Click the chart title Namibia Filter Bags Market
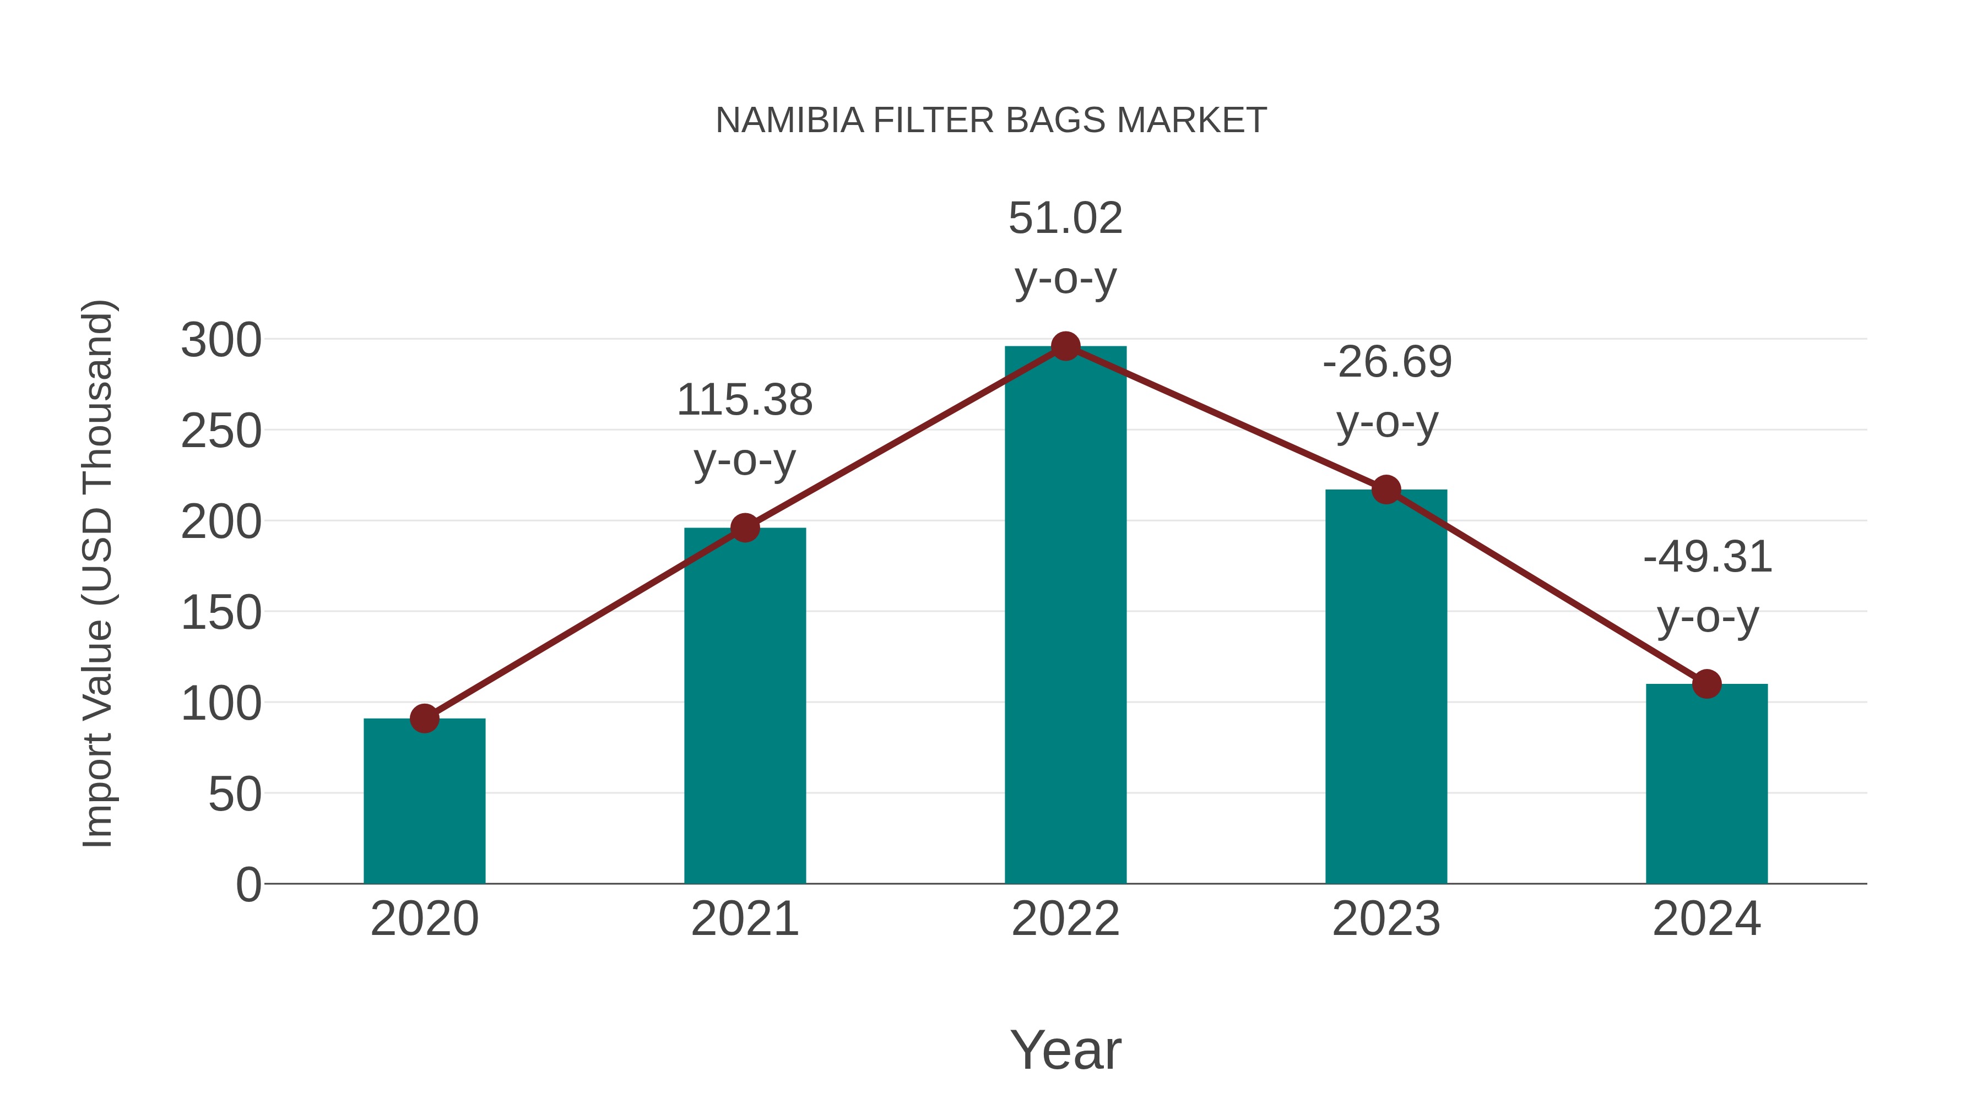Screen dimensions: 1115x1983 [991, 121]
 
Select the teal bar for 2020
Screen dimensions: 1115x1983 [424, 804]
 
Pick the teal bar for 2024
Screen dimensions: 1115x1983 [1706, 785]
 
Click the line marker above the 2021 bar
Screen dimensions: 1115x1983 [744, 528]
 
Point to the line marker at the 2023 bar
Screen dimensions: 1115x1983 [1386, 489]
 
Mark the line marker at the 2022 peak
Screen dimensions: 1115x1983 [1065, 346]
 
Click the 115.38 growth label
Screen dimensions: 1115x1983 [744, 400]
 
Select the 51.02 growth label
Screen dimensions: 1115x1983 [1065, 219]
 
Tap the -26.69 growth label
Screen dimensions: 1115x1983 [1386, 362]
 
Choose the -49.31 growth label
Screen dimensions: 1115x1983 [1706, 557]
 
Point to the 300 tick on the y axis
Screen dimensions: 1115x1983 [221, 341]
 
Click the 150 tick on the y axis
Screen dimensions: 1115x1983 [221, 614]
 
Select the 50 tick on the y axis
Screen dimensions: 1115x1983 [235, 795]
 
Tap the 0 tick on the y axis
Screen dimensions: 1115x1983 [248, 885]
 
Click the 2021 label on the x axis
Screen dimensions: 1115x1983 [744, 920]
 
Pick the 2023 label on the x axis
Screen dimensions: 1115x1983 [1386, 920]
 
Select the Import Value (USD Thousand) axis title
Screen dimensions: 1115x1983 [99, 573]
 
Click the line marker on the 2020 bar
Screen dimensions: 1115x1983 [424, 719]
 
